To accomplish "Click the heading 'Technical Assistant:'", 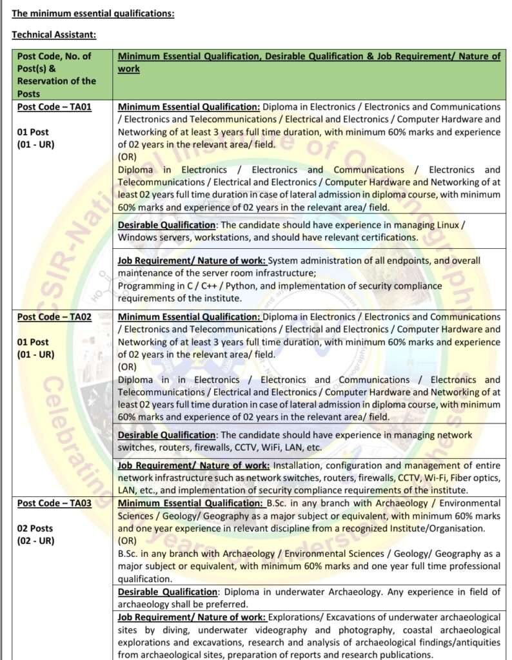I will (x=54, y=34).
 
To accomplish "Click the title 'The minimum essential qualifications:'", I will (x=93, y=13).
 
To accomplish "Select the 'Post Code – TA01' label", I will (x=54, y=107).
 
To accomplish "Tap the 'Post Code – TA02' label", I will (x=54, y=316).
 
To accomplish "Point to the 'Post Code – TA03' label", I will (x=54, y=503).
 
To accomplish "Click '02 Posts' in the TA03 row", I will (x=35, y=528).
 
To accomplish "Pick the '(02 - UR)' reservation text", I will (x=35, y=540).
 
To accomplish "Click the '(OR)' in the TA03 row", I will (x=127, y=541).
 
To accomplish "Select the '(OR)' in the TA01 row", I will (x=127, y=157).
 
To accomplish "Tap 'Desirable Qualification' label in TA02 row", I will (x=167, y=434).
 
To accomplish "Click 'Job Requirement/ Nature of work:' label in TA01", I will (x=192, y=260).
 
